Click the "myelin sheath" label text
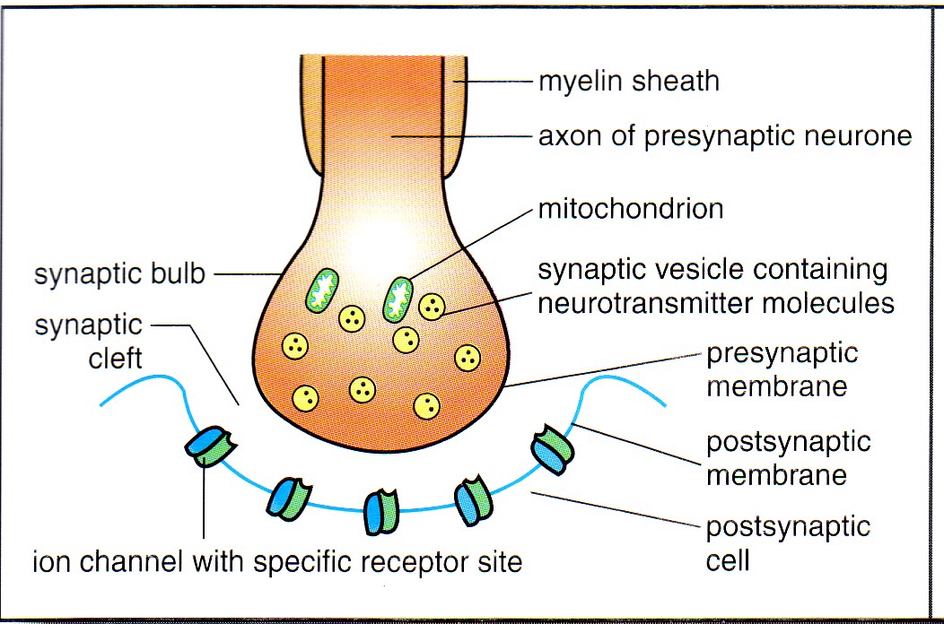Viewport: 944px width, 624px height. (628, 82)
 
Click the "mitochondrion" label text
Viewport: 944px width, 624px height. (630, 210)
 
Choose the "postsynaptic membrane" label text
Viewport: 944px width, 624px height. (788, 457)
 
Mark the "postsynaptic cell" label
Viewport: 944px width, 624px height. (788, 543)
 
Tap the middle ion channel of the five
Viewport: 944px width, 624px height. (380, 510)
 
